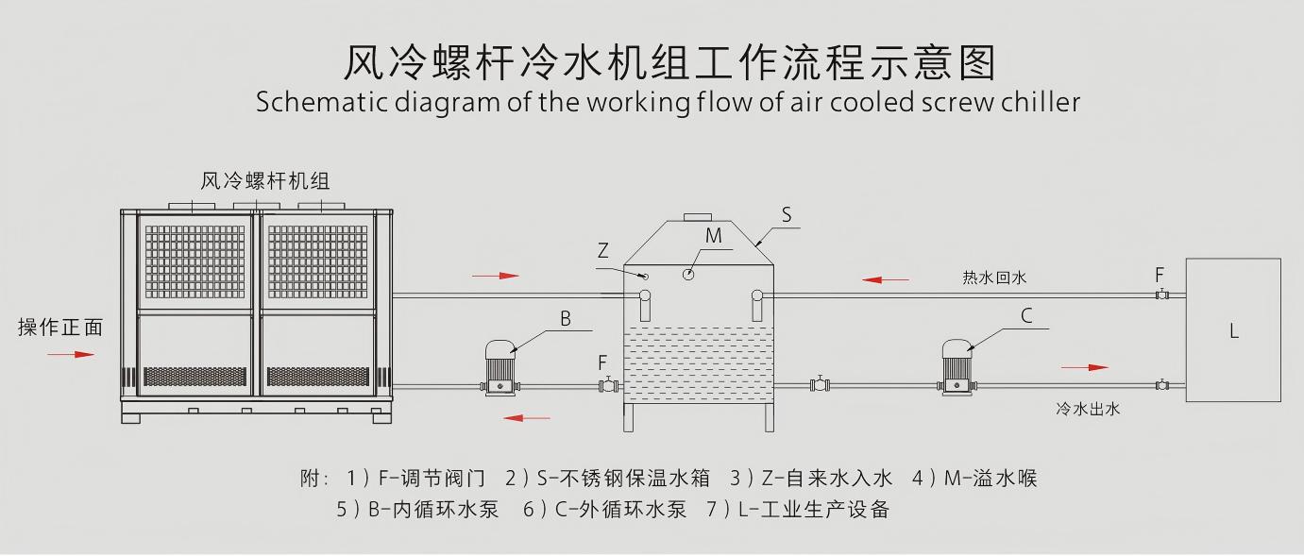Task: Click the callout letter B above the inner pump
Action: (566, 319)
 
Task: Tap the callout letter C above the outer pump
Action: (1026, 315)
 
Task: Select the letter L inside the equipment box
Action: (1233, 331)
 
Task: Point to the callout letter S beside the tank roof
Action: (787, 214)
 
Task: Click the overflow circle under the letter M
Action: (689, 274)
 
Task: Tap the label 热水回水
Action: (994, 278)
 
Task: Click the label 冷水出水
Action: (1088, 409)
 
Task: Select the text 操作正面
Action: (60, 328)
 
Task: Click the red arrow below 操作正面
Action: (72, 355)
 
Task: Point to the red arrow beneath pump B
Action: (527, 417)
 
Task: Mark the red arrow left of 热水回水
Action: (886, 279)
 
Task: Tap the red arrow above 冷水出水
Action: (1085, 367)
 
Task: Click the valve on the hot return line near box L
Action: (1160, 295)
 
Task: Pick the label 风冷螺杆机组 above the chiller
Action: (265, 181)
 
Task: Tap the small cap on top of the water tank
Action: (697, 216)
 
